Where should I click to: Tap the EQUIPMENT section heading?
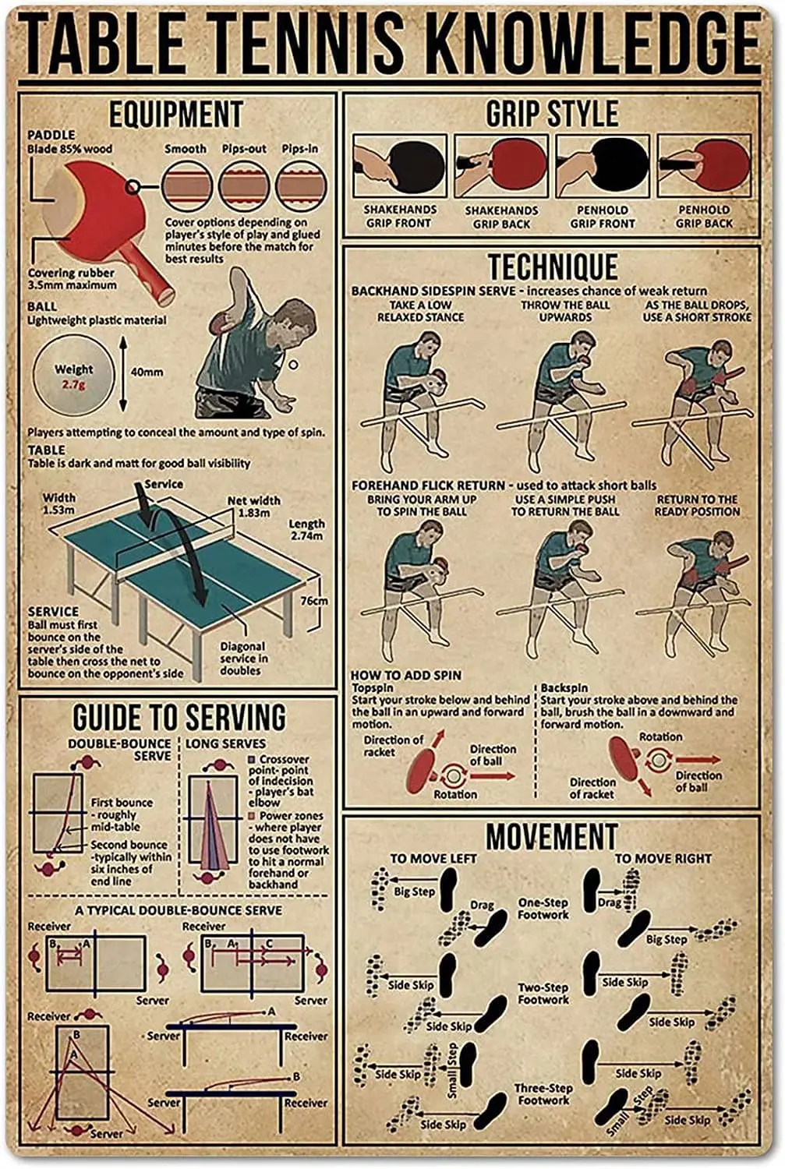click(x=175, y=115)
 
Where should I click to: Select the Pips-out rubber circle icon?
click(x=244, y=185)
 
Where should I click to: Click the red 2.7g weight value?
click(x=74, y=384)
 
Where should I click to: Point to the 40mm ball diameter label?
click(x=147, y=372)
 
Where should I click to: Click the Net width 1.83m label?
click(x=253, y=507)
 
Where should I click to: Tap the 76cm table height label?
click(x=313, y=601)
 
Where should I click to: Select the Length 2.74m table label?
click(x=306, y=530)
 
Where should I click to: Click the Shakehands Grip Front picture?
click(x=400, y=166)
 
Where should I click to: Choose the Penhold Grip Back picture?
click(x=704, y=166)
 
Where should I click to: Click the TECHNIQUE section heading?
click(x=552, y=267)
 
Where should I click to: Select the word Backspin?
click(x=564, y=688)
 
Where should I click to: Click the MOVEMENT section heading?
click(x=552, y=836)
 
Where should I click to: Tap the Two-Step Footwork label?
click(x=543, y=993)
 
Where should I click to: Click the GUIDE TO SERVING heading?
click(x=179, y=718)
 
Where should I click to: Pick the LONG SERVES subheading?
click(x=225, y=743)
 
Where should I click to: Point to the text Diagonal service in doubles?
click(x=242, y=659)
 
